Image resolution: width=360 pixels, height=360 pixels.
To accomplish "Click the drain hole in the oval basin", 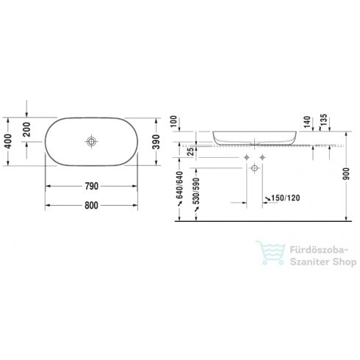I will click(91, 140).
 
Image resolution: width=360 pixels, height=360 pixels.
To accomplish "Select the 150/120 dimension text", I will click(285, 198).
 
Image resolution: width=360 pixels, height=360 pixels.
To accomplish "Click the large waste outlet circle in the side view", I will click(254, 169).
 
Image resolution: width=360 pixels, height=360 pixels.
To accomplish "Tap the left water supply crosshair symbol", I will click(246, 159).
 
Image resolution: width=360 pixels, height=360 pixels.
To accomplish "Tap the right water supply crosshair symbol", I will click(263, 159).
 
